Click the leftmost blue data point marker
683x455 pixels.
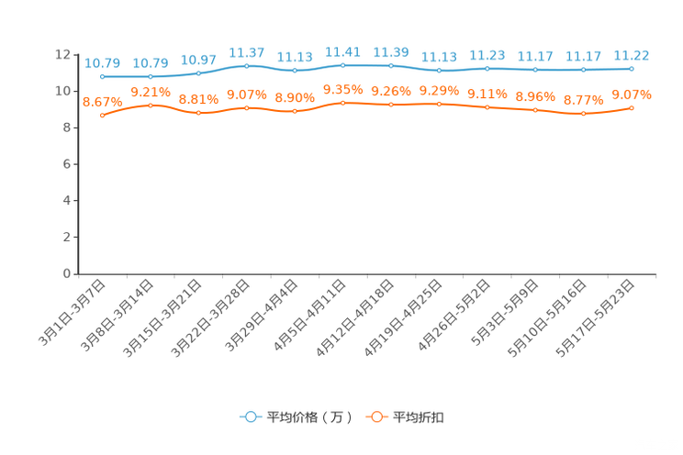102,77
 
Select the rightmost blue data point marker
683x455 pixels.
632,68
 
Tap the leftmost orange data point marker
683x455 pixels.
102,116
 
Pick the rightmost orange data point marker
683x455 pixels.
632,107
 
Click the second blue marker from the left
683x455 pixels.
151,77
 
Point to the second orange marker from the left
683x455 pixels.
151,105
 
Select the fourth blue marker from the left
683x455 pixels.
246,65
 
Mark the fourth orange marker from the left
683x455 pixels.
246,107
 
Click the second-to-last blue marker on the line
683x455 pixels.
583,70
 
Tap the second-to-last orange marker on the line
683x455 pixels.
583,113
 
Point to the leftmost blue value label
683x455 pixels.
102,62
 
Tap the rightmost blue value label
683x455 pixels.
632,54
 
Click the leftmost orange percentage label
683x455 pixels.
102,101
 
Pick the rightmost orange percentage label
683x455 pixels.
632,94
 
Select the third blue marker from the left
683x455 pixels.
198,72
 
